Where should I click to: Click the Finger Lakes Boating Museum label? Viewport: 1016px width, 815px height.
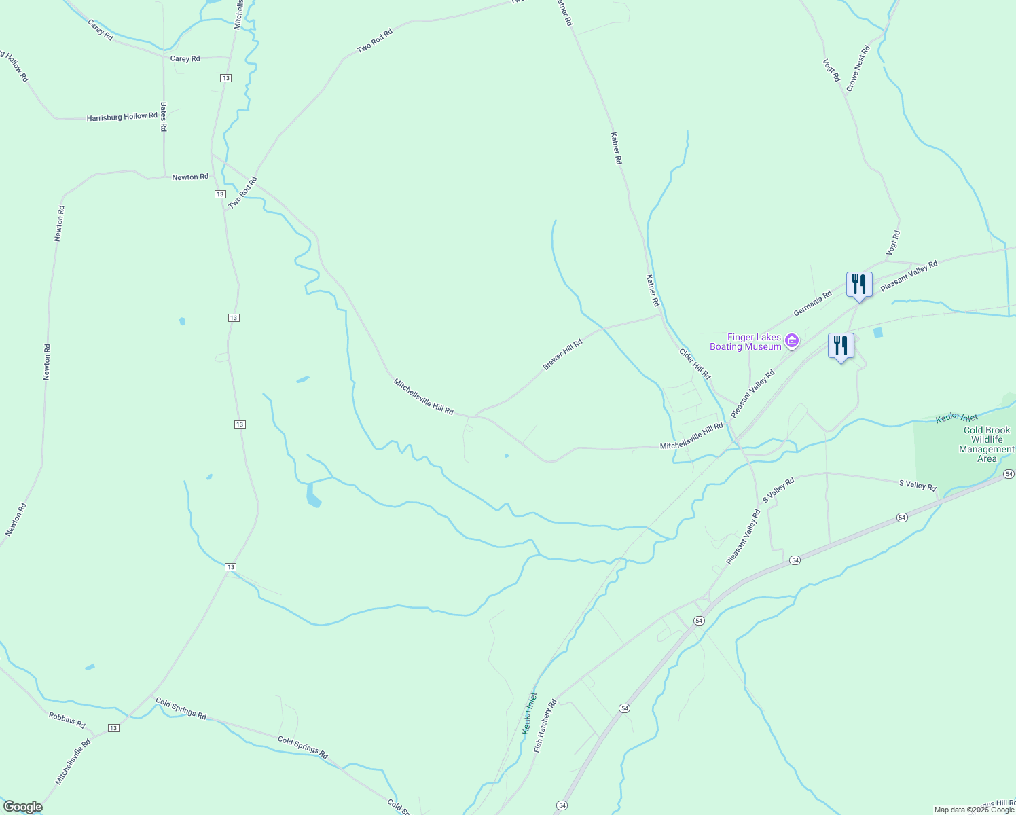(745, 342)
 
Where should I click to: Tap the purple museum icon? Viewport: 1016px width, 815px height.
(791, 340)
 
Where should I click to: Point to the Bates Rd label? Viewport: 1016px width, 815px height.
(163, 116)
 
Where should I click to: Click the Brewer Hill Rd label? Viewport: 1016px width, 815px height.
(562, 355)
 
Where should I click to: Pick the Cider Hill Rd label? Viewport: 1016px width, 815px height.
(695, 364)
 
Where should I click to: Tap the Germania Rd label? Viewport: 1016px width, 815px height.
(812, 304)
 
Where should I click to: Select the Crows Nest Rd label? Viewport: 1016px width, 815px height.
(858, 69)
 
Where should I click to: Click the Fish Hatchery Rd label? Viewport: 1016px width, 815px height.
(545, 725)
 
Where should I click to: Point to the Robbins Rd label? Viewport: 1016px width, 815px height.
(67, 719)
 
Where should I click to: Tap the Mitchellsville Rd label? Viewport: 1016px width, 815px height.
(73, 762)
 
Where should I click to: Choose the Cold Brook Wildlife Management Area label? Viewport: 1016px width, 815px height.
(986, 444)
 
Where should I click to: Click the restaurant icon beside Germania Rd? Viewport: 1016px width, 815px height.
(859, 285)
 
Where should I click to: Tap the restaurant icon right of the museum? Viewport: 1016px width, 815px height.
(841, 346)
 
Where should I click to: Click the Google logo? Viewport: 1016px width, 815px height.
(22, 807)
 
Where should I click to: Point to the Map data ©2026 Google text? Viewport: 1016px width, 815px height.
(973, 810)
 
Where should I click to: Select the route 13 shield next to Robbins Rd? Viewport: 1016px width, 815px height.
(113, 728)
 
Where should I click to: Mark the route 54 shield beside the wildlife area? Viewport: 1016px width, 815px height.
(1009, 473)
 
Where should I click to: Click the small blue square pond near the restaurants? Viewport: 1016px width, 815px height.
(878, 333)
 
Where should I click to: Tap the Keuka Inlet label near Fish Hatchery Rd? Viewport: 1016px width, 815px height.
(529, 713)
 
